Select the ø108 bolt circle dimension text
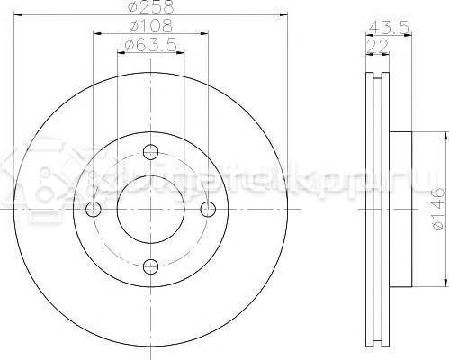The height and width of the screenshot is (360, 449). click(x=149, y=29)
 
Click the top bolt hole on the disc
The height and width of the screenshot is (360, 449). click(x=151, y=152)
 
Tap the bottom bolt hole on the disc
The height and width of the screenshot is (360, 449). click(x=151, y=265)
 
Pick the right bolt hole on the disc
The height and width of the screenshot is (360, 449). click(x=208, y=209)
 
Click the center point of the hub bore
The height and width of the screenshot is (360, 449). click(x=151, y=209)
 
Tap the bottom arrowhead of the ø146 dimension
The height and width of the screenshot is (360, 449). click(x=444, y=282)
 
